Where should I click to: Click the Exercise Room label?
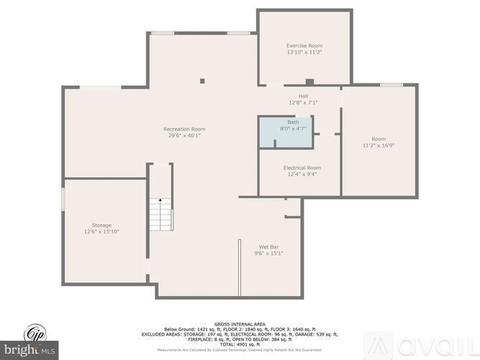(x=304, y=45)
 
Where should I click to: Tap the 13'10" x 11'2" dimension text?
(x=304, y=53)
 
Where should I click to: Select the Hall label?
(x=303, y=96)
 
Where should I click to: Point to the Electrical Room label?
(x=302, y=167)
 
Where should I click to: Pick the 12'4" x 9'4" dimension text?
(x=302, y=174)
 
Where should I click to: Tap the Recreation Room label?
(x=184, y=129)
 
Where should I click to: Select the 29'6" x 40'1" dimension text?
(x=184, y=135)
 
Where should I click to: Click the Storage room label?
(x=101, y=225)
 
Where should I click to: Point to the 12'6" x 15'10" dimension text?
(x=101, y=231)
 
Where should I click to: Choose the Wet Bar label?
(x=269, y=246)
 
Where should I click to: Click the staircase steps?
(x=160, y=216)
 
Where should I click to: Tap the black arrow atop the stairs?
(x=160, y=200)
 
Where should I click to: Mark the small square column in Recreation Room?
(x=202, y=81)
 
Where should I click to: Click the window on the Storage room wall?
(x=63, y=199)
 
